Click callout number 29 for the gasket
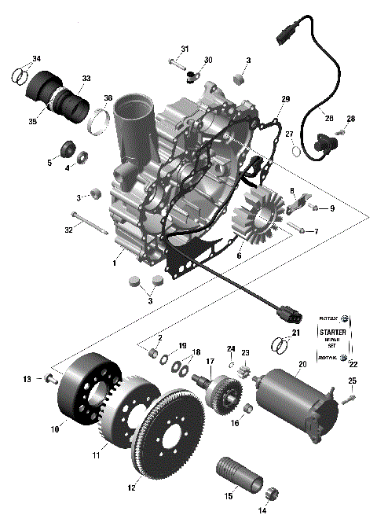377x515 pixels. [286, 99]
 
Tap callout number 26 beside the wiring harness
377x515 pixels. [329, 118]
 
